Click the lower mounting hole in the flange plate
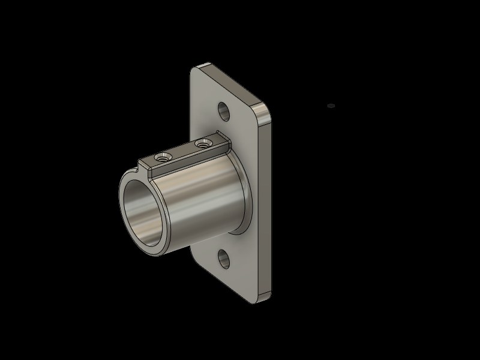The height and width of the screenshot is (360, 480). (x=224, y=259)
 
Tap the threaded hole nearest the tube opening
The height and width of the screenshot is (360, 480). (x=161, y=158)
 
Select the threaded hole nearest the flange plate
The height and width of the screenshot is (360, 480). (x=203, y=143)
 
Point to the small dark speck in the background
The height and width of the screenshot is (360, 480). (x=330, y=106)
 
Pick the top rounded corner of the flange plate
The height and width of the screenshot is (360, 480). (x=206, y=65)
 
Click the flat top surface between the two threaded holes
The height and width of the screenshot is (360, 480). (x=182, y=151)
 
